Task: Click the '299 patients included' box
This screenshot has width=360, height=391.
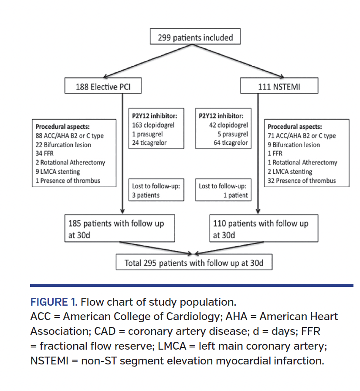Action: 195,38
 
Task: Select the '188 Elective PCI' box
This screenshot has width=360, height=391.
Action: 103,86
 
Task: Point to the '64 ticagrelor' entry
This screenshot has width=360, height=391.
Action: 231,143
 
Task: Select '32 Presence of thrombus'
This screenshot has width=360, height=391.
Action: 302,180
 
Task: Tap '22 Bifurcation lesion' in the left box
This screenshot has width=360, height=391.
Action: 64,145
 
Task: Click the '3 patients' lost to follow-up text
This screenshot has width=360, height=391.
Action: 146,195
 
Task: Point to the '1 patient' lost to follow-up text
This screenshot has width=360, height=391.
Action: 235,195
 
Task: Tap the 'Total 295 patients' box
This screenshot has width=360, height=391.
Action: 194,263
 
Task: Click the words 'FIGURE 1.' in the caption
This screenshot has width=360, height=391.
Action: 54,302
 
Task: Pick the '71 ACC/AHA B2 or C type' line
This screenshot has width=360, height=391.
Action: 302,136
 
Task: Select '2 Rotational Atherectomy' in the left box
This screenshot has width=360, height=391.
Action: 71,162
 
